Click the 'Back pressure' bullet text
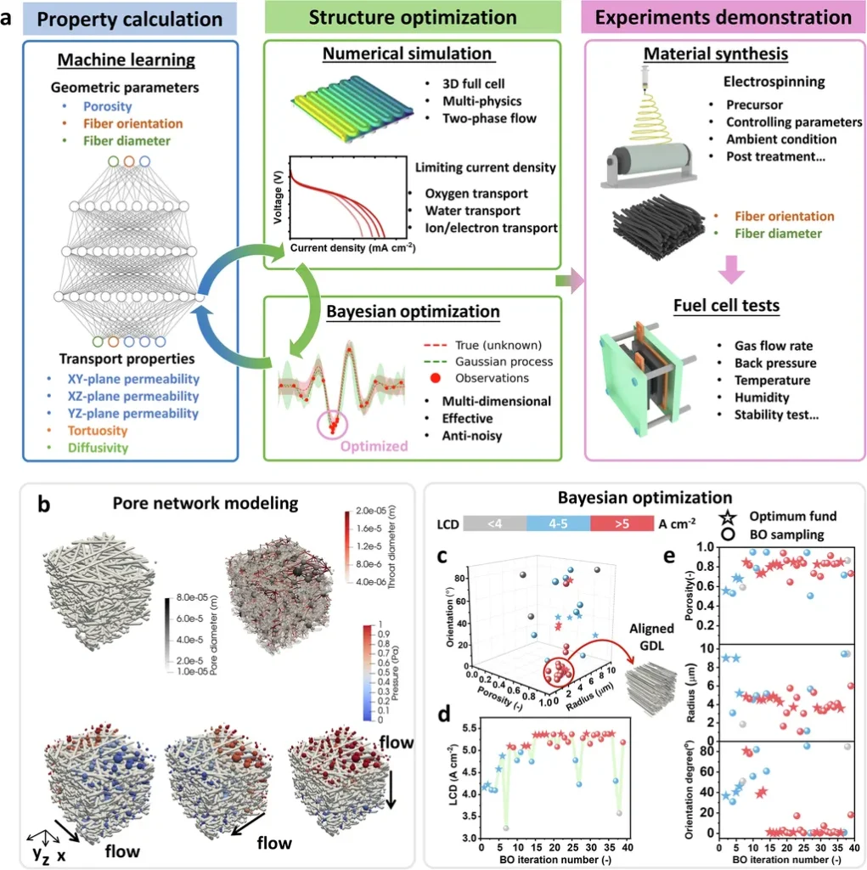(x=773, y=364)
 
